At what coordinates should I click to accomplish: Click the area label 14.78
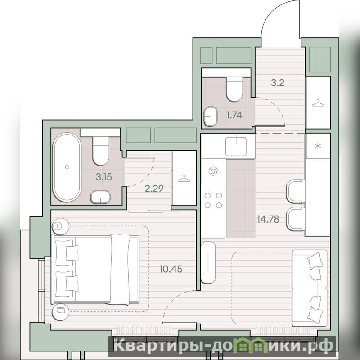(x=268, y=219)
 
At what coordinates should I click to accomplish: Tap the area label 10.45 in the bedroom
(x=171, y=268)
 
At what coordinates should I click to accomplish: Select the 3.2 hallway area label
(x=278, y=83)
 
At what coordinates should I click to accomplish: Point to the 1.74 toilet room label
(x=234, y=115)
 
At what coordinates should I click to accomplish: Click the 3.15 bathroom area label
(x=104, y=177)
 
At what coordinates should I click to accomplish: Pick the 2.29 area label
(x=154, y=189)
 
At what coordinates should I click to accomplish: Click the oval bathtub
(x=67, y=167)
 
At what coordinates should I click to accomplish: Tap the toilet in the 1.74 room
(x=234, y=89)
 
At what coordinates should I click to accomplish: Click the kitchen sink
(x=236, y=146)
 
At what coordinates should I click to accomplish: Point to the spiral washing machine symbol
(x=213, y=171)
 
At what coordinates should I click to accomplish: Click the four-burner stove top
(x=213, y=200)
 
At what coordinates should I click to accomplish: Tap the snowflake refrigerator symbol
(x=318, y=146)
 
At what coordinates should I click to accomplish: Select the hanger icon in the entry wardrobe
(x=318, y=103)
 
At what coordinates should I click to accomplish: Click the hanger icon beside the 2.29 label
(x=184, y=178)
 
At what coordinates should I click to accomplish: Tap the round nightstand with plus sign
(x=60, y=226)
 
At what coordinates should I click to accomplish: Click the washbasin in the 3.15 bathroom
(x=100, y=197)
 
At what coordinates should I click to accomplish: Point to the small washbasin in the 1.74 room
(x=211, y=116)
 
